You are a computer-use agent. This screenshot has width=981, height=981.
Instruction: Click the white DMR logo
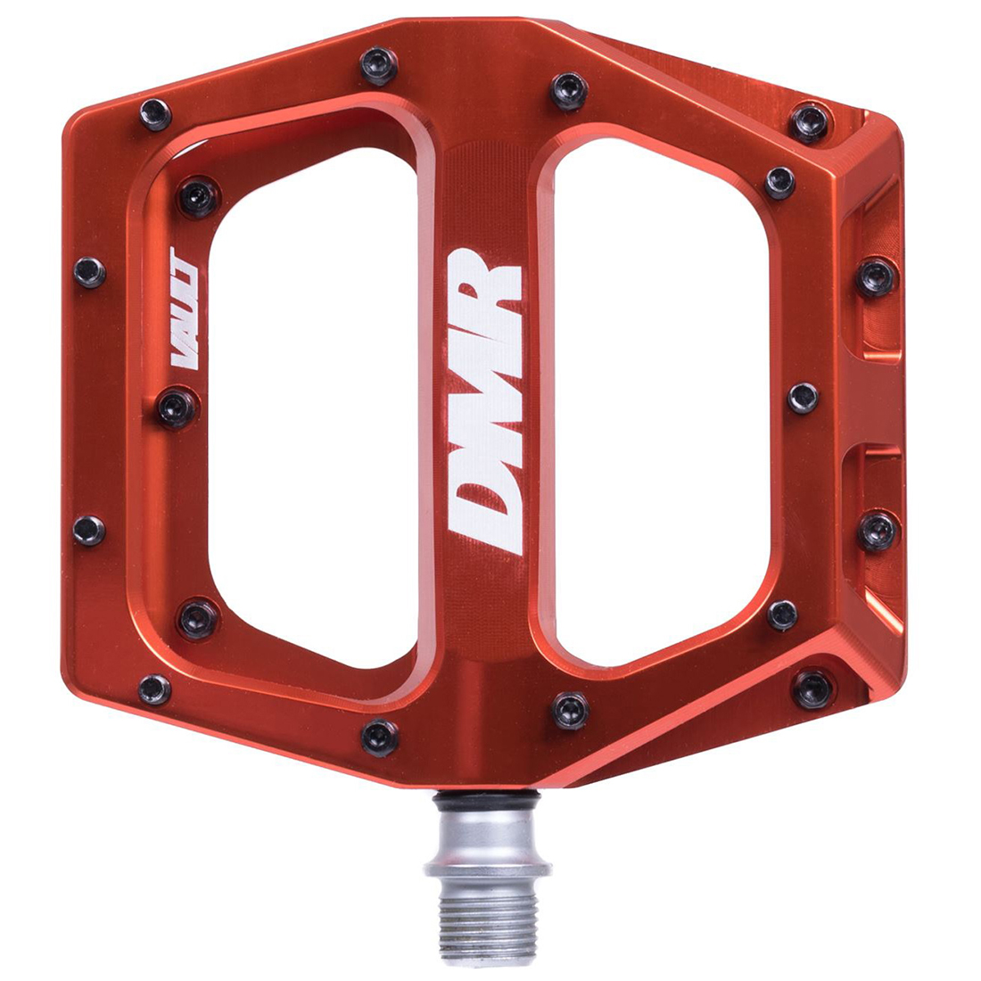tap(486, 400)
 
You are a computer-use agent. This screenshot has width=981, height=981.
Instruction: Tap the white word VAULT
tap(185, 308)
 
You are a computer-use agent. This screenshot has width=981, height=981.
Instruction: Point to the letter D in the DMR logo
tap(486, 513)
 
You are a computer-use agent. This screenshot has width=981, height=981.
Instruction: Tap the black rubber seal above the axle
tap(486, 797)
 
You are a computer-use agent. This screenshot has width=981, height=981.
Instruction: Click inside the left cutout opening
tap(313, 407)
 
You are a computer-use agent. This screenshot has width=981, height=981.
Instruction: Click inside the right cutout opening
tap(660, 400)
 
